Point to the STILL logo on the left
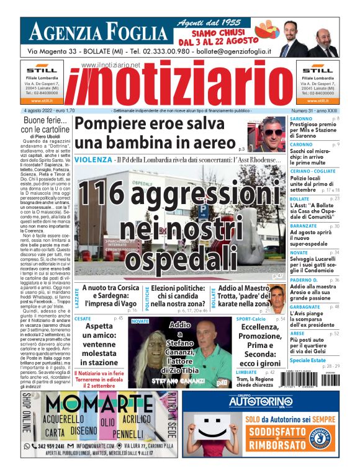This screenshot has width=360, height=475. (42, 70)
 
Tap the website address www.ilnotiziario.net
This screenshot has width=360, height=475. (111, 64)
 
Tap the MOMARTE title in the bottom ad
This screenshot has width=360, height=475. (91, 404)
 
